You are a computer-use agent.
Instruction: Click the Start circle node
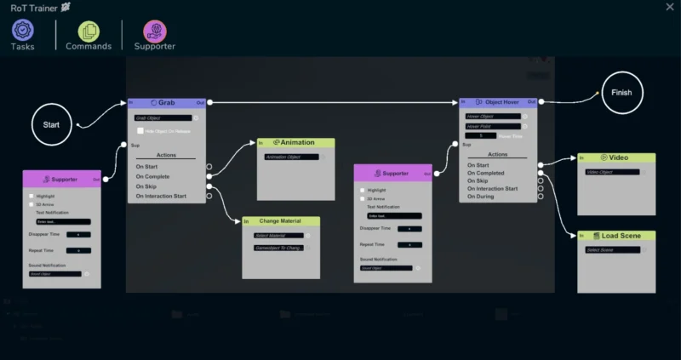pyautogui.click(x=51, y=124)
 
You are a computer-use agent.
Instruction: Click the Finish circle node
pyautogui.click(x=621, y=92)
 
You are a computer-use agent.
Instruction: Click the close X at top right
pyautogui.click(x=669, y=7)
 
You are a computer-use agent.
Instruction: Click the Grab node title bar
pyautogui.click(x=167, y=102)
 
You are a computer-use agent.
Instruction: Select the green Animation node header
pyautogui.click(x=295, y=142)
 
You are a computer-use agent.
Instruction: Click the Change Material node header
pyautogui.click(x=281, y=221)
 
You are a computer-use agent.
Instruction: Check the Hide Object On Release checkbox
pyautogui.click(x=140, y=131)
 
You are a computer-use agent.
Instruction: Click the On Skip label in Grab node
pyautogui.click(x=146, y=186)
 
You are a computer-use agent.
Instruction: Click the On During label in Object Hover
pyautogui.click(x=479, y=197)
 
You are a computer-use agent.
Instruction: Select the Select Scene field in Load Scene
pyautogui.click(x=612, y=250)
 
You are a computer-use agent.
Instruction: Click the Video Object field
pyautogui.click(x=612, y=172)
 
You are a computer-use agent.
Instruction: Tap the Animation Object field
pyautogui.click(x=291, y=157)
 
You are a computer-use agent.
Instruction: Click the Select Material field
pyautogui.click(x=278, y=236)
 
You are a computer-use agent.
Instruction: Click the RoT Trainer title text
pyautogui.click(x=29, y=7)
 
